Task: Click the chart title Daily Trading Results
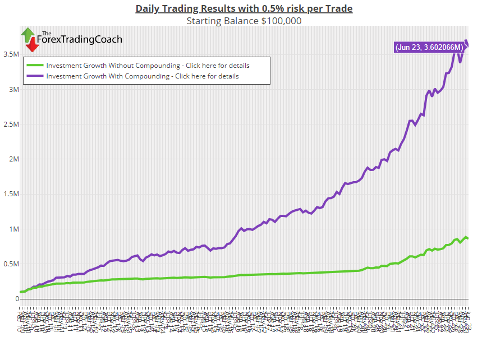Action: click(x=244, y=8)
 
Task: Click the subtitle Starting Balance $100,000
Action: click(x=244, y=21)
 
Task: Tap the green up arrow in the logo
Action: click(x=27, y=34)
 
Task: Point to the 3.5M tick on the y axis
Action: click(x=11, y=54)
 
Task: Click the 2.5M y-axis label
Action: click(x=11, y=124)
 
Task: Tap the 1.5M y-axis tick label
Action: click(x=11, y=195)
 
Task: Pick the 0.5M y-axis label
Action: click(x=11, y=264)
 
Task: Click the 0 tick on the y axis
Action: click(x=17, y=299)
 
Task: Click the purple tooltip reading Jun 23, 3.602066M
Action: click(x=429, y=48)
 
